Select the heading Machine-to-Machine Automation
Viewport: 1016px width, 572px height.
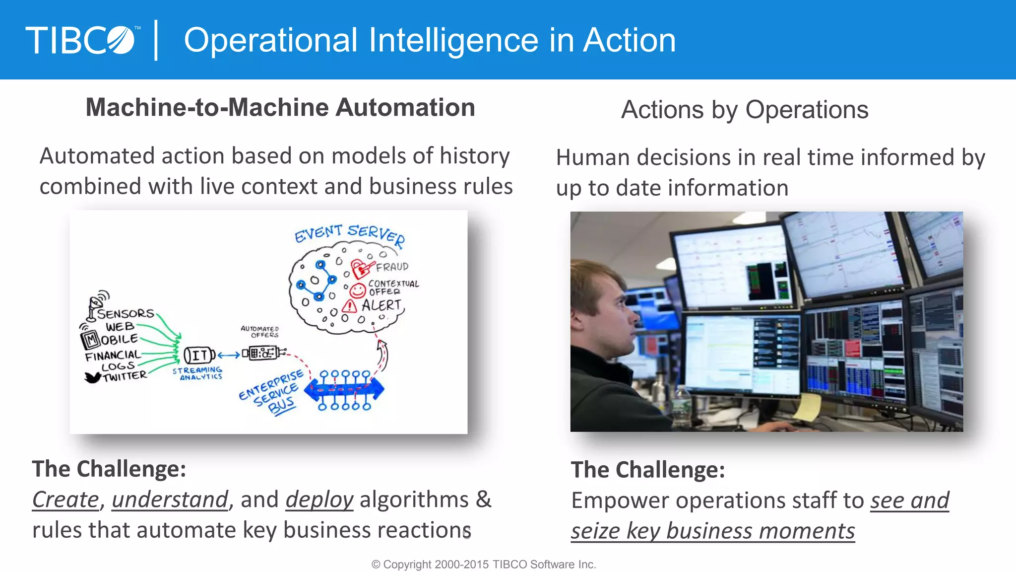(280, 108)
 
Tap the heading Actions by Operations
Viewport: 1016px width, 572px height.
(744, 110)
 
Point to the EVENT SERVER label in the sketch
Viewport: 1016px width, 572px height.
(350, 234)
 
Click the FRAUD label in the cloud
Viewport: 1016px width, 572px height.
(392, 267)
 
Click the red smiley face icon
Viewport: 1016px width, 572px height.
(358, 290)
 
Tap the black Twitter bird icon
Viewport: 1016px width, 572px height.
(92, 378)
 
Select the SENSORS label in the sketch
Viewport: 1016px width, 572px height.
(126, 314)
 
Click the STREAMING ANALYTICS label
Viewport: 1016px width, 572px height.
(198, 373)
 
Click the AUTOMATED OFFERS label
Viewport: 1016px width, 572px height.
(260, 332)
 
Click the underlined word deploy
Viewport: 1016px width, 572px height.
(319, 500)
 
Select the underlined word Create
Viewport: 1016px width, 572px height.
(65, 500)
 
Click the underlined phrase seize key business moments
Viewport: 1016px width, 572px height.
(712, 531)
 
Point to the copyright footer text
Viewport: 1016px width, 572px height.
(484, 565)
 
